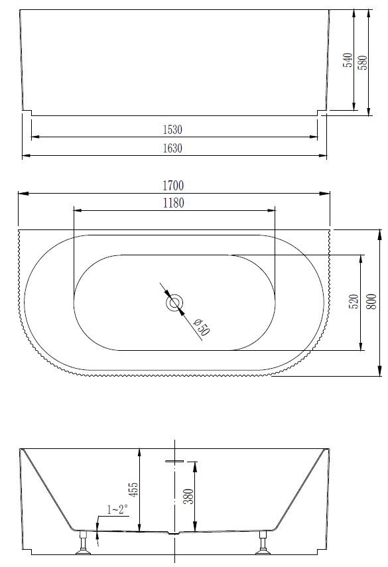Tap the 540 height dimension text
pyautogui.click(x=347, y=60)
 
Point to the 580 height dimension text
pyautogui.click(x=362, y=60)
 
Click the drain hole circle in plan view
pyautogui.click(x=174, y=303)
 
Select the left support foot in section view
pyautogui.click(x=83, y=542)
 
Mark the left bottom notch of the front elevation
pyautogui.click(x=27, y=113)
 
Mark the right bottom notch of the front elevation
pyautogui.click(x=322, y=113)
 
